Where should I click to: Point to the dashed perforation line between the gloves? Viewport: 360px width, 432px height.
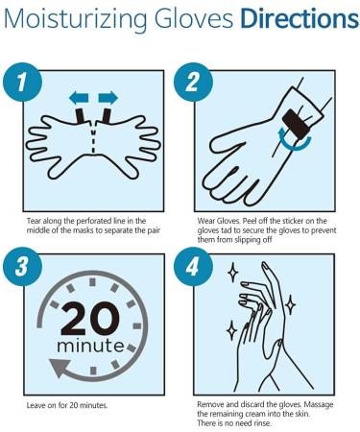93,145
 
